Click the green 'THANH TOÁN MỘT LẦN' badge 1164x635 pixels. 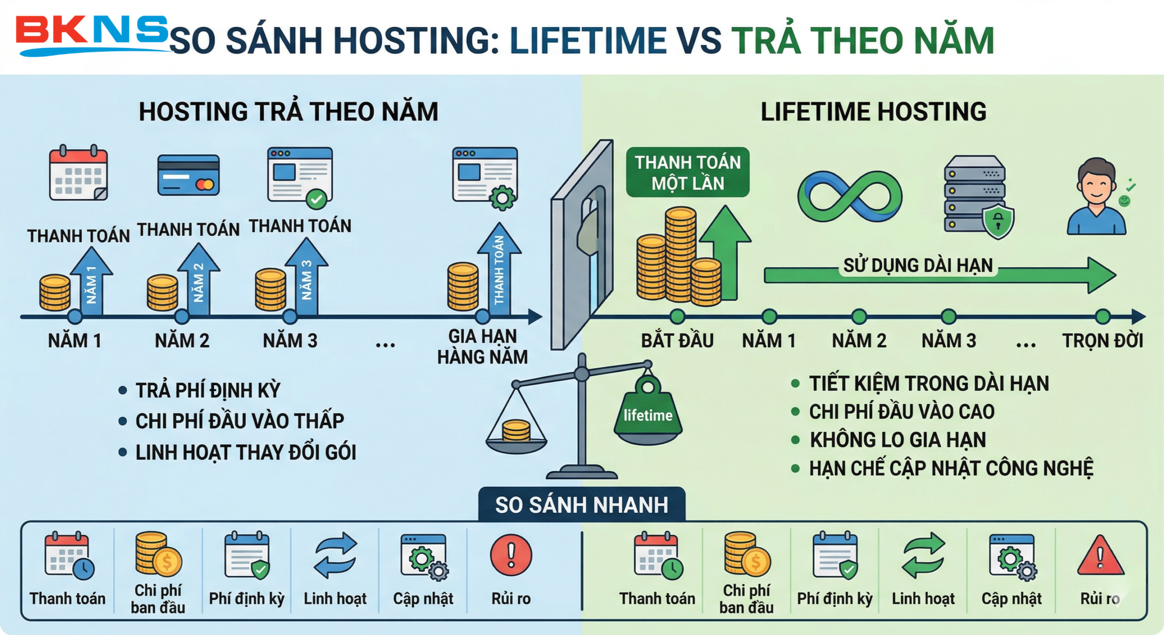tap(687, 172)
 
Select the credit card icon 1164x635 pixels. tap(188, 175)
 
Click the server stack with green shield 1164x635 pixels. tap(978, 197)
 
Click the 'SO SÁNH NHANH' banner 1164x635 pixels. tap(582, 504)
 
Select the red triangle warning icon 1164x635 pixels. tap(1100, 555)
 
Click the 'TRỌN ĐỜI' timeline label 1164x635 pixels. tap(1103, 341)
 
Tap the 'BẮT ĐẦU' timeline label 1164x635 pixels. tap(677, 341)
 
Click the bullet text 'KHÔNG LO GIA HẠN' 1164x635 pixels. tap(898, 440)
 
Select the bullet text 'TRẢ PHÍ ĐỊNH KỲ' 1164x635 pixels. tap(208, 390)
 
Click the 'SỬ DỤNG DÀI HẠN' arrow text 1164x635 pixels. tap(918, 265)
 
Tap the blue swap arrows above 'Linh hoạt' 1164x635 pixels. tap(336, 555)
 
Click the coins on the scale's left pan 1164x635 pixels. tap(516, 430)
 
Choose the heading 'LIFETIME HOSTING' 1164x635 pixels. tap(873, 111)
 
